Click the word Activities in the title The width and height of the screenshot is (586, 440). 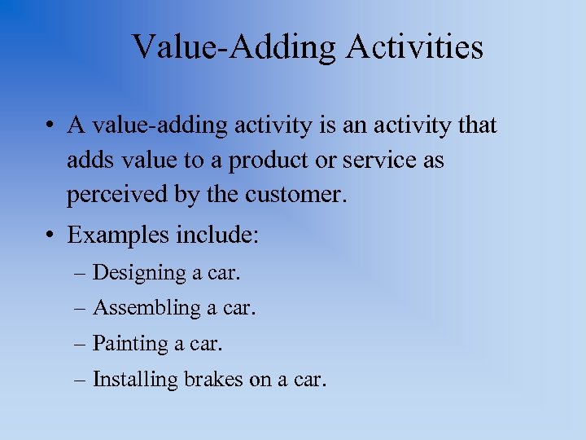pos(414,47)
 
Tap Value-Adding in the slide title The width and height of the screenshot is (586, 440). pos(234,47)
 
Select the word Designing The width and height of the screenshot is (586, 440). pos(139,273)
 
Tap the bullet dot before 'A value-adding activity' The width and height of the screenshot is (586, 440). pos(50,126)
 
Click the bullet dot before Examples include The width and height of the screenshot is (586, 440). pos(50,237)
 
